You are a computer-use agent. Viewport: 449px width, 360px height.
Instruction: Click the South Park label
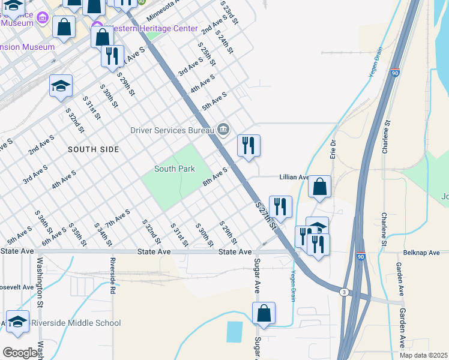174,169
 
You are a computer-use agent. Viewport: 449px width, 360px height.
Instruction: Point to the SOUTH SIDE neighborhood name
93,149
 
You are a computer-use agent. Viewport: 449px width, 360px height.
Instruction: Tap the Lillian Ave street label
294,178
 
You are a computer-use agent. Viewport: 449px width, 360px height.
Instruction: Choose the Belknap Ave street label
423,253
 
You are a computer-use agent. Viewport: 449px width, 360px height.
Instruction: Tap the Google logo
19,352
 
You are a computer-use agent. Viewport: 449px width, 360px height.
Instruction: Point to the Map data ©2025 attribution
423,355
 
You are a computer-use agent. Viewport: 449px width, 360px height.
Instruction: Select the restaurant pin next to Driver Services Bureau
249,145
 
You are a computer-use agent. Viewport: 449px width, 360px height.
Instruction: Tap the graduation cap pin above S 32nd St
61,86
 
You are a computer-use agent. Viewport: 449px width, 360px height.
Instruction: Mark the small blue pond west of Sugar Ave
235,331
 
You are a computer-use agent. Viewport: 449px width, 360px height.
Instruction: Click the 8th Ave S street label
215,177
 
